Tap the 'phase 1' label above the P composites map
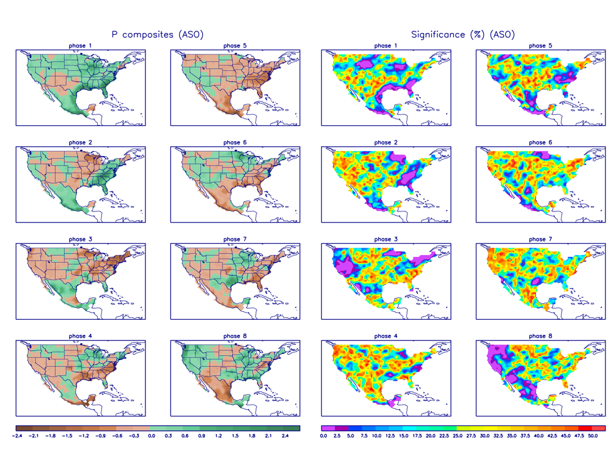[81, 46]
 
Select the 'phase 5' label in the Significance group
[537, 46]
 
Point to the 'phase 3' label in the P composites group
[81, 239]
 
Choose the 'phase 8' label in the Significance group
[537, 336]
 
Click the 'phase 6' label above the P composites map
[232, 142]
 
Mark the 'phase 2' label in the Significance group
[383, 142]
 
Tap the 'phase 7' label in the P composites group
[232, 239]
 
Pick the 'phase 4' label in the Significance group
[383, 336]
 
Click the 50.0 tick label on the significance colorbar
[591, 436]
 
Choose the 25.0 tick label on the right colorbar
[456, 436]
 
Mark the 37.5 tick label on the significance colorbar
[524, 436]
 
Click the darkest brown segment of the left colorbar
[21, 428]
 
